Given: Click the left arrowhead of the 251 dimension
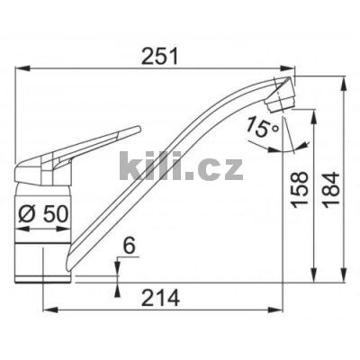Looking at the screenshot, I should point(22,67).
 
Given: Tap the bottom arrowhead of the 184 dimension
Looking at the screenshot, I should point(345,276).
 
